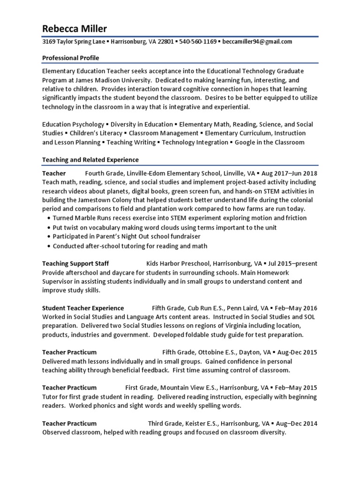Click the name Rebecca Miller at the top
tap(75, 29)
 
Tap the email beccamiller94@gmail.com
tap(257, 42)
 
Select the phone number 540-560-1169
tap(197, 42)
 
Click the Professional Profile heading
tap(71, 58)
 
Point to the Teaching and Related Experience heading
tap(90, 160)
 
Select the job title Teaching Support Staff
tap(75, 263)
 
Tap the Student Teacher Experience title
tap(83, 308)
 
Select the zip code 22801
tap(162, 42)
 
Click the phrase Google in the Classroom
tap(270, 142)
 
